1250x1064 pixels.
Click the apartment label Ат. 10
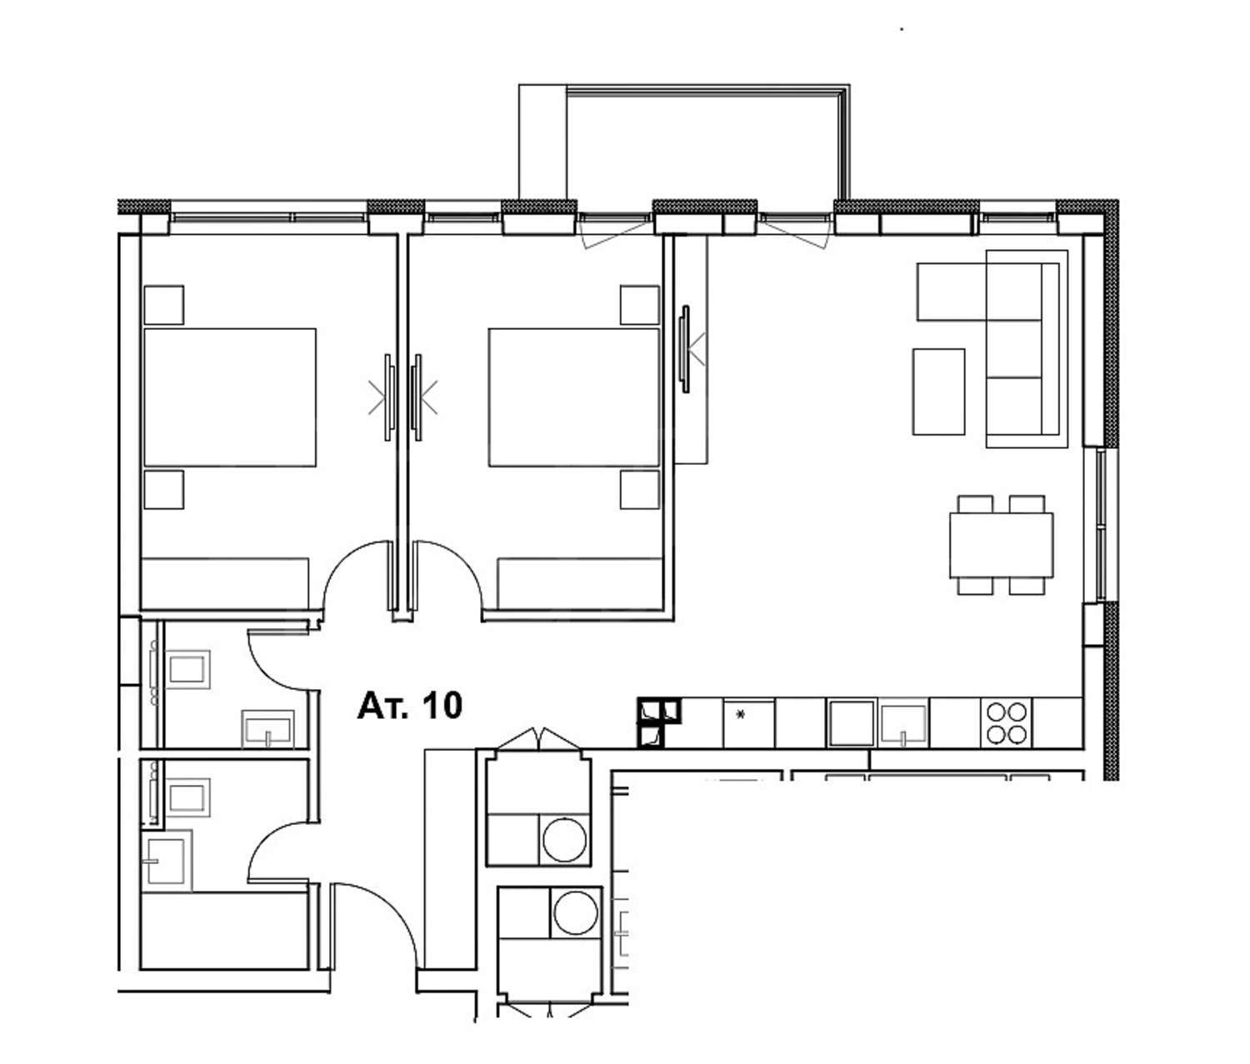pos(409,706)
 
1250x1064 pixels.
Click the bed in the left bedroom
pos(230,397)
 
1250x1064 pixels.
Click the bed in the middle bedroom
pos(573,397)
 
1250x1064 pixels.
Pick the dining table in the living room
pos(1001,545)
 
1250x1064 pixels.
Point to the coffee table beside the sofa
pos(939,392)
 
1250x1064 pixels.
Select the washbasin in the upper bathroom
pos(267,728)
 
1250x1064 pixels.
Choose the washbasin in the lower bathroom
pos(167,861)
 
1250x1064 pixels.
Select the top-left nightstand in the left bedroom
pos(164,305)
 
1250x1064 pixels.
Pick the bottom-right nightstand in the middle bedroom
pos(640,489)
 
